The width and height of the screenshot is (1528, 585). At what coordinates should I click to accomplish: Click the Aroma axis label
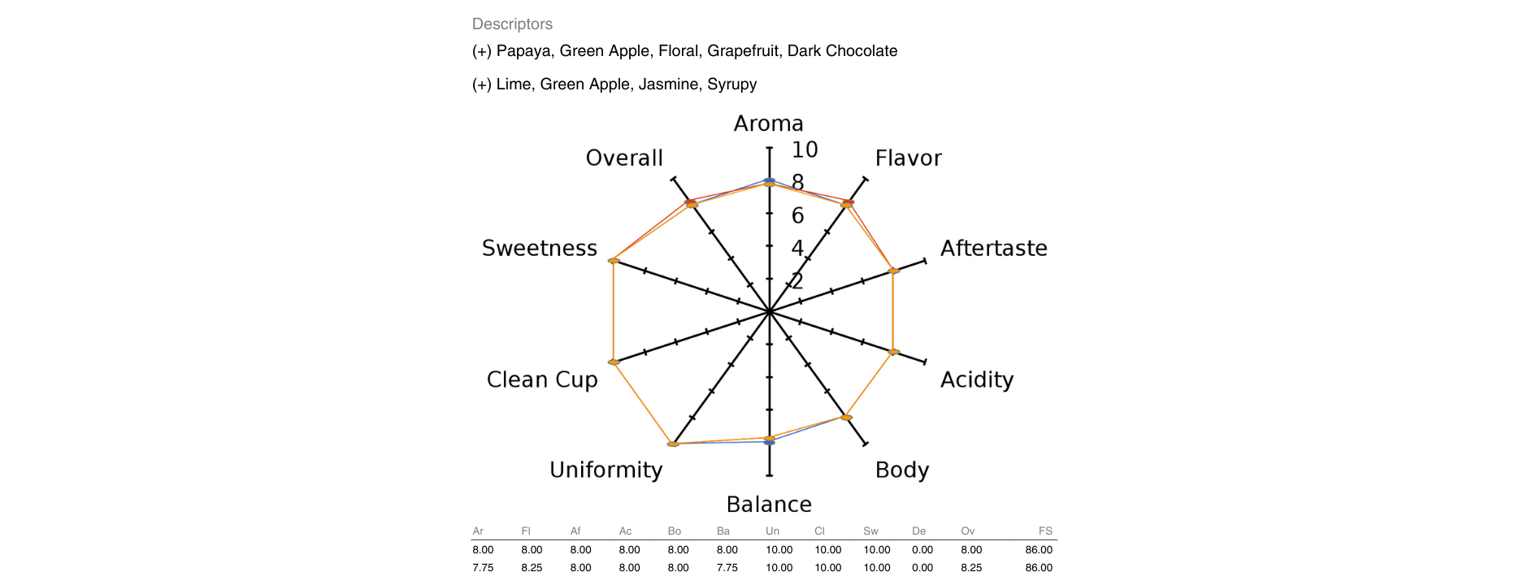(768, 123)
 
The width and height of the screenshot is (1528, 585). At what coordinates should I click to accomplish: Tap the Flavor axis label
(908, 158)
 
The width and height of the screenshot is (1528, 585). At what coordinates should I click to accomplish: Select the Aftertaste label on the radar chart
(993, 248)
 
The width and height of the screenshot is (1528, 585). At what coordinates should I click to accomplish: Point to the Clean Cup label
(542, 379)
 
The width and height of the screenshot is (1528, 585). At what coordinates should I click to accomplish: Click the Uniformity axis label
(606, 470)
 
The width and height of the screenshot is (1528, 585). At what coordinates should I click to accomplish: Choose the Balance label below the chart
(769, 505)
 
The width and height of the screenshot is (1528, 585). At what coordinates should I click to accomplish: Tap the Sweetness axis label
(539, 248)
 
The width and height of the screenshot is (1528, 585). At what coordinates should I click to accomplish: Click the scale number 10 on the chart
(805, 149)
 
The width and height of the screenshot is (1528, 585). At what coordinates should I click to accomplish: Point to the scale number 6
(797, 215)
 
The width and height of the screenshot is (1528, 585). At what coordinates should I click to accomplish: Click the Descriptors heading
(512, 24)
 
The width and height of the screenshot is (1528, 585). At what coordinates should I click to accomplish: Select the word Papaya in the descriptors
(523, 51)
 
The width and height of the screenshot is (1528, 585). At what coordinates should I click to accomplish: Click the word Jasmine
(668, 84)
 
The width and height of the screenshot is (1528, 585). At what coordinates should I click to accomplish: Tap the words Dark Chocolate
(842, 51)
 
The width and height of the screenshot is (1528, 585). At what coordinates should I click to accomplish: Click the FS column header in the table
(1045, 531)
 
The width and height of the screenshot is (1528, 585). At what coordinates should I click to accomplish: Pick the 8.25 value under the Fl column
(532, 568)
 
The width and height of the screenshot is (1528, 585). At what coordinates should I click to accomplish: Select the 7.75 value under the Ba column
(727, 568)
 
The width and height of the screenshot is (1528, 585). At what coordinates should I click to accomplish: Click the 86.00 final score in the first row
(1039, 550)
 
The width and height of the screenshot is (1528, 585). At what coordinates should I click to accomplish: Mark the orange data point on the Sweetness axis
(614, 261)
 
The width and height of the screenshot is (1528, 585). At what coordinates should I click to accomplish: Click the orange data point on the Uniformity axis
(673, 444)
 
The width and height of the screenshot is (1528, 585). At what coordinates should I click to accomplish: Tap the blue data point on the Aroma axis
(769, 180)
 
